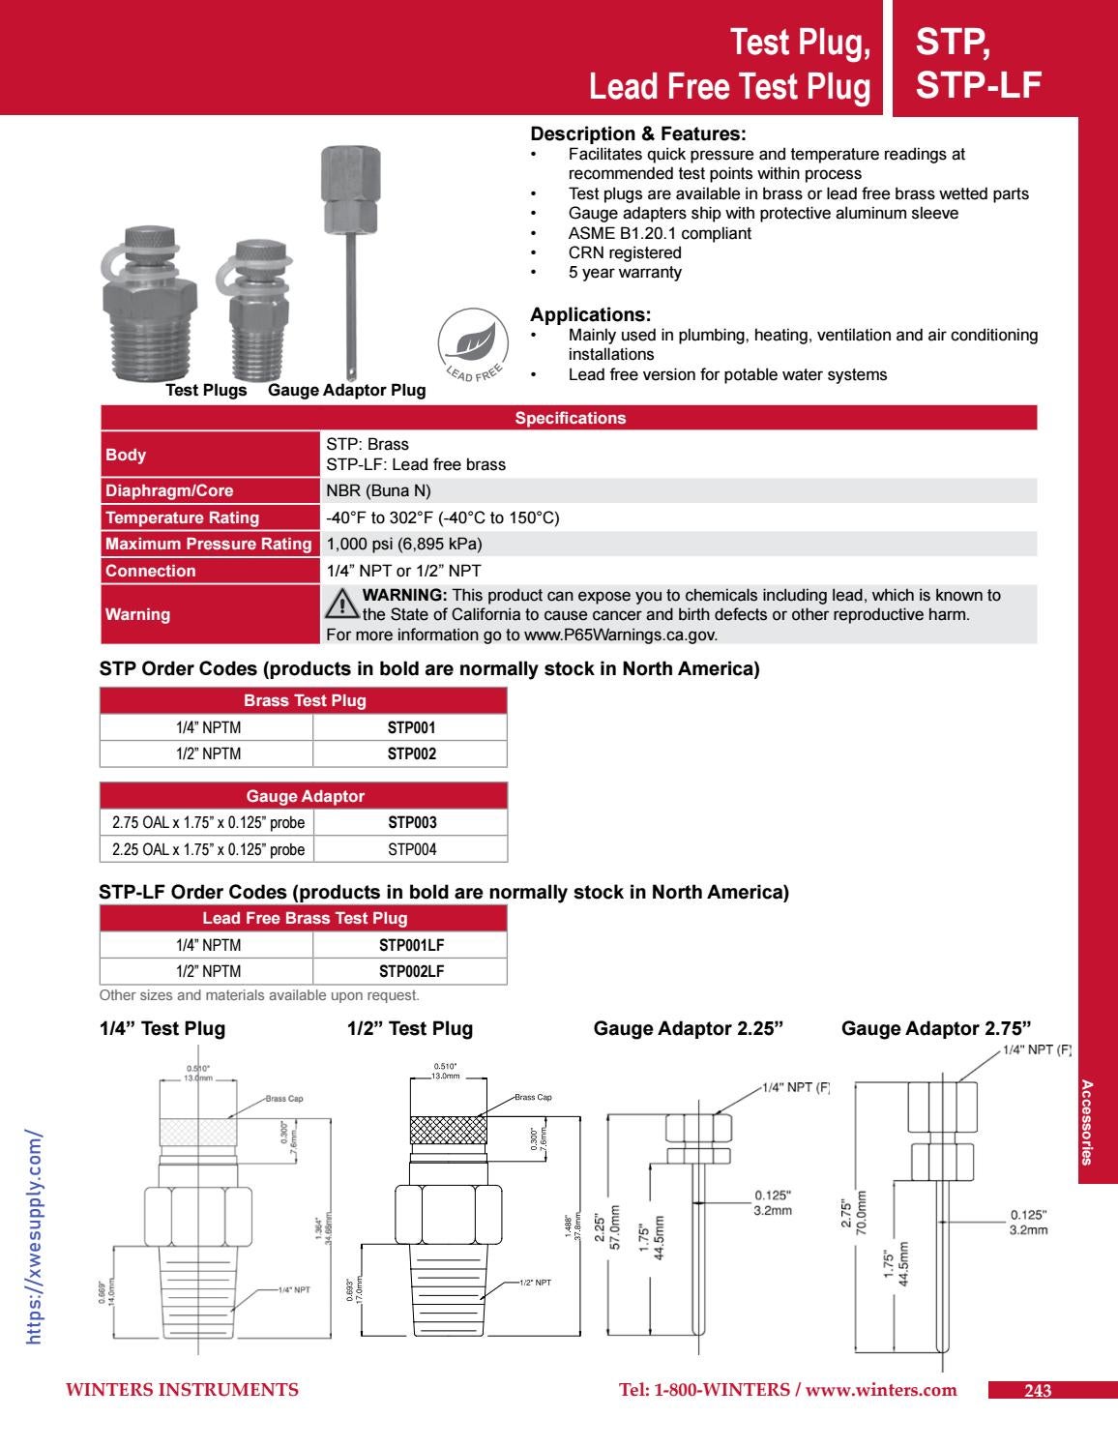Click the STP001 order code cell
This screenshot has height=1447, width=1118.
pos(411,727)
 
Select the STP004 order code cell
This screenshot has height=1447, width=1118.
pos(411,849)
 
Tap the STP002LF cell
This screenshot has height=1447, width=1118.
pos(411,971)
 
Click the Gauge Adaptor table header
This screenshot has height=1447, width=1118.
pos(305,796)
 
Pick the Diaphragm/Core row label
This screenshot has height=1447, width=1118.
pos(169,490)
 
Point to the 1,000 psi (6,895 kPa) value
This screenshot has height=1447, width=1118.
pos(403,544)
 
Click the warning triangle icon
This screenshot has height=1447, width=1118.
pos(341,604)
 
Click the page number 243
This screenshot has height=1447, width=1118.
pos(1037,1391)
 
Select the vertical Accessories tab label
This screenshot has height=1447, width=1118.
pos(1088,1122)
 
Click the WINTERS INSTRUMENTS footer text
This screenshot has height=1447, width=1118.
pos(182,1390)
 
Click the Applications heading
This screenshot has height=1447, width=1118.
pos(591,314)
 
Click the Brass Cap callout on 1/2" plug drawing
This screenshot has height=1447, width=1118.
pos(533,1097)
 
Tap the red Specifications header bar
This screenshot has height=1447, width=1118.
pos(569,418)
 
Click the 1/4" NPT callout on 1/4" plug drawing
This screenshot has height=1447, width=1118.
pos(294,1290)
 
